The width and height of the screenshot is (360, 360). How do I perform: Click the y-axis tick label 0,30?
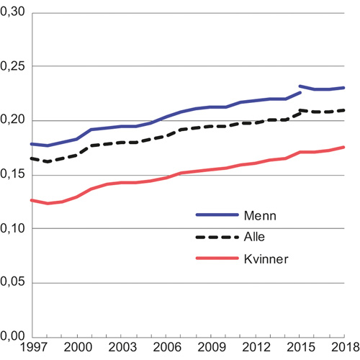[x=14, y=13]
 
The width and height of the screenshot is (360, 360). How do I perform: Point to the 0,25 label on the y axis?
[x=14, y=66]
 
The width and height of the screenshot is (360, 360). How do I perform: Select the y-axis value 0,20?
[x=14, y=120]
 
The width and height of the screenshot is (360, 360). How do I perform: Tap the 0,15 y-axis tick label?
[x=14, y=174]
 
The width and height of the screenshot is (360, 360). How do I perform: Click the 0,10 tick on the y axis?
[x=14, y=228]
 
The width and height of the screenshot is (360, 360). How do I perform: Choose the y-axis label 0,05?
[x=14, y=282]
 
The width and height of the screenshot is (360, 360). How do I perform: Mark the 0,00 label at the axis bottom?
[x=14, y=336]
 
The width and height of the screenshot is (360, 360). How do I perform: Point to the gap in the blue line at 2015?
[x=300, y=89]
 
